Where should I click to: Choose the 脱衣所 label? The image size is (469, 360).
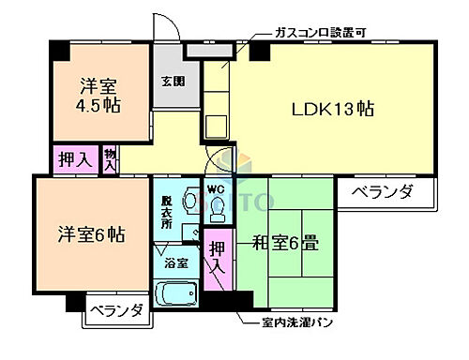point(167,204)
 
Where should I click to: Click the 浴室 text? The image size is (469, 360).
point(176,264)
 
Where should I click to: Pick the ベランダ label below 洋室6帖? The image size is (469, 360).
point(117,310)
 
